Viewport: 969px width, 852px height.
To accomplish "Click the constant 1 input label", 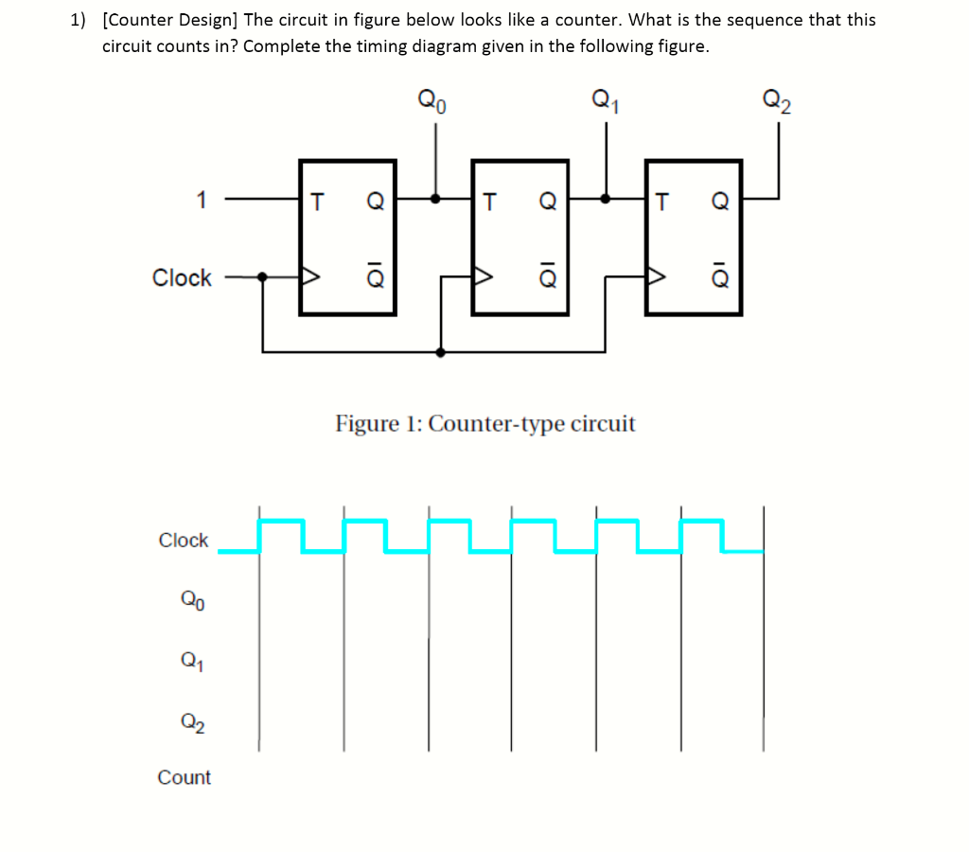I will click(200, 200).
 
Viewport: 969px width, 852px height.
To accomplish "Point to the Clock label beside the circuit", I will click(182, 277).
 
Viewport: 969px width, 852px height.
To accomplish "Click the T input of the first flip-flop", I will click(317, 201).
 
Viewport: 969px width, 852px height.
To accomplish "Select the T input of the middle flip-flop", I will click(489, 201).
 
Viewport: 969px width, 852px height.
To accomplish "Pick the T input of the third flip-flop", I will click(662, 201).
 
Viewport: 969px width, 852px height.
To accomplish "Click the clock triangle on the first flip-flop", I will click(309, 277).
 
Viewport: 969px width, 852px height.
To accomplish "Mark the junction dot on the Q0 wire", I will click(435, 200).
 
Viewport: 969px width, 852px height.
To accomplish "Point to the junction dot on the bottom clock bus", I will click(441, 352).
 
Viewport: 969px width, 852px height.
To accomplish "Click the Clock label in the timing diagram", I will click(183, 540).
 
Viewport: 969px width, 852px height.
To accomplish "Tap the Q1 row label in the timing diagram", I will click(190, 662).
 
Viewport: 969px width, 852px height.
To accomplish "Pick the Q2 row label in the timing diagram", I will click(190, 723).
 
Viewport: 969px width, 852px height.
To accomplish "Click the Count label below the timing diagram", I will click(184, 777).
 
